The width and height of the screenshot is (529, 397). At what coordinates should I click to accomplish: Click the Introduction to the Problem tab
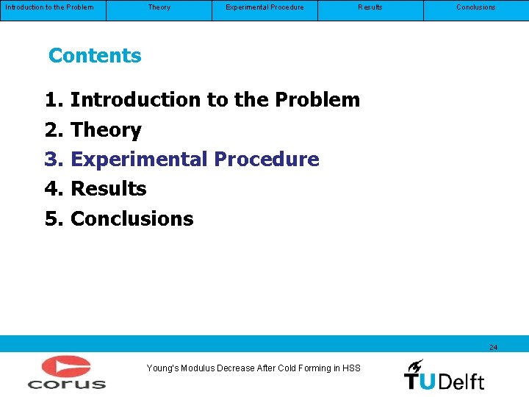pyautogui.click(x=50, y=7)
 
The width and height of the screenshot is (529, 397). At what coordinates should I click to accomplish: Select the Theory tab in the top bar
pyautogui.click(x=159, y=7)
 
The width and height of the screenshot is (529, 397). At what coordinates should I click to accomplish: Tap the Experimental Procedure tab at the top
pyautogui.click(x=264, y=7)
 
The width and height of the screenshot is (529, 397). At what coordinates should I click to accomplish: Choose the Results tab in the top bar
pyautogui.click(x=370, y=7)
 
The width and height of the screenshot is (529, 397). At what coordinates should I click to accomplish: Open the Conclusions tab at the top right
pyautogui.click(x=475, y=7)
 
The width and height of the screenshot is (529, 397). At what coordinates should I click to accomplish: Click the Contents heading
pyautogui.click(x=95, y=56)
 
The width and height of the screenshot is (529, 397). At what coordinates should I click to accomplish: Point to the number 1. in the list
pyautogui.click(x=54, y=100)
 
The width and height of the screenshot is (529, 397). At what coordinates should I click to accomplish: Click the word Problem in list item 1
pyautogui.click(x=317, y=100)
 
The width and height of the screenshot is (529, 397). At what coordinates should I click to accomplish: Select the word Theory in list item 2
pyautogui.click(x=106, y=130)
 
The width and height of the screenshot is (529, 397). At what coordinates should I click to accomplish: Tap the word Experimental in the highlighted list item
pyautogui.click(x=139, y=160)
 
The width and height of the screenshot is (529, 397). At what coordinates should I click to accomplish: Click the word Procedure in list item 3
pyautogui.click(x=266, y=160)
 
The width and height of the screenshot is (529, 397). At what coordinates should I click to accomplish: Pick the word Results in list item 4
pyautogui.click(x=108, y=189)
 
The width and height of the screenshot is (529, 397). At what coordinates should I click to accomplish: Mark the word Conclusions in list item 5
pyautogui.click(x=132, y=219)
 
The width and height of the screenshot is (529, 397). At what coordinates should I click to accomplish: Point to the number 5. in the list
pyautogui.click(x=54, y=219)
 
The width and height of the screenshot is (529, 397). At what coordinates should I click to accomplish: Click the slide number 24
pyautogui.click(x=493, y=347)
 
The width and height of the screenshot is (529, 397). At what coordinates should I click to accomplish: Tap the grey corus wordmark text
pyautogui.click(x=67, y=383)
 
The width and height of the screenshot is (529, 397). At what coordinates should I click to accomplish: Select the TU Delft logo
pyautogui.click(x=444, y=375)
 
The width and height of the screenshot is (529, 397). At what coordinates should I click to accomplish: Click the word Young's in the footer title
pyautogui.click(x=162, y=368)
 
